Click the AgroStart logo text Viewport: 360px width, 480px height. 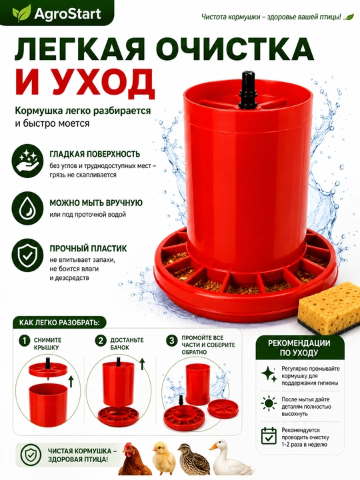[x=67, y=14]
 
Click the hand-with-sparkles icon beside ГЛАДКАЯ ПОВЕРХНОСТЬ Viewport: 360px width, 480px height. [x=27, y=163]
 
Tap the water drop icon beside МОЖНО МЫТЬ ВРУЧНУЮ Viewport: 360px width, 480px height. [x=27, y=208]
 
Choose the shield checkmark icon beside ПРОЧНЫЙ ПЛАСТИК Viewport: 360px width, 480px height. [x=27, y=255]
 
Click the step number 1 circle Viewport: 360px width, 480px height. [x=24, y=341]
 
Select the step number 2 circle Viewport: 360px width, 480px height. [x=101, y=341]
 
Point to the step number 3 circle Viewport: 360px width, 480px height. [x=172, y=341]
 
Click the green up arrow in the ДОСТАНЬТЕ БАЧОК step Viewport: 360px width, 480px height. [x=143, y=364]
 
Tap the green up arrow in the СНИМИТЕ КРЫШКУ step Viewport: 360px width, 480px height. [x=71, y=381]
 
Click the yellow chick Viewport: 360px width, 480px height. [x=165, y=458]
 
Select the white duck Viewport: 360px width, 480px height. [x=229, y=457]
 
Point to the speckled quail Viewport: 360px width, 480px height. [x=193, y=459]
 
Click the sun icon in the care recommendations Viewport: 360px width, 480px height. [x=269, y=403]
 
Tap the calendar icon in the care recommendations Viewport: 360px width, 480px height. [x=269, y=435]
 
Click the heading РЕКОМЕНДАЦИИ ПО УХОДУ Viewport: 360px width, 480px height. [x=299, y=347]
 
